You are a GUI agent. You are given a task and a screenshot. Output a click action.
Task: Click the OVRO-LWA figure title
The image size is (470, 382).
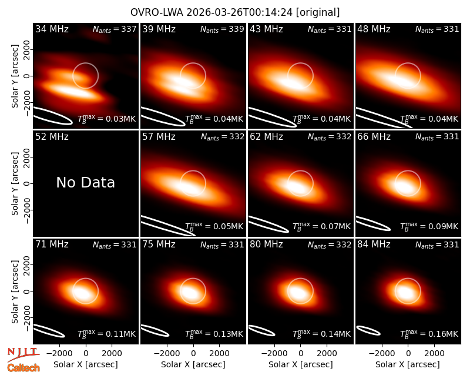coord(235,12)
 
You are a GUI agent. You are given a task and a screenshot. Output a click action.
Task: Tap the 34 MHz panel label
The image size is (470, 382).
coord(52,29)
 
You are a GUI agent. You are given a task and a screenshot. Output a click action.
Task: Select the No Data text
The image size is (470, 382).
coord(85,182)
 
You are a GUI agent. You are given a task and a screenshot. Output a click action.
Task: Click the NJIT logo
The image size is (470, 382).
coord(23,354)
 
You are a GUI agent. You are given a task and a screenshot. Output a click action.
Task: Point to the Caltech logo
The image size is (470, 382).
coord(23,368)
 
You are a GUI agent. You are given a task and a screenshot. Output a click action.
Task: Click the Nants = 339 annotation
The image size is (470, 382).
coord(222,29)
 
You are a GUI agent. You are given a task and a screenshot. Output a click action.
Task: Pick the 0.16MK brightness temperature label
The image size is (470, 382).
coord(429,333)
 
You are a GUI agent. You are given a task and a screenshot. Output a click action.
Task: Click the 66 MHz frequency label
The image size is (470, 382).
coord(374,137)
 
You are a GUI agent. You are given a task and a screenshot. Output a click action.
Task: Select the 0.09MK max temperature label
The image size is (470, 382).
coord(429,226)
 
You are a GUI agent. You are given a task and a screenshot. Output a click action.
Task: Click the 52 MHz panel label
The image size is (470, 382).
coord(52,137)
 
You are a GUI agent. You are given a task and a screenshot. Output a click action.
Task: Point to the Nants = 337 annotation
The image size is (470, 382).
coord(115,29)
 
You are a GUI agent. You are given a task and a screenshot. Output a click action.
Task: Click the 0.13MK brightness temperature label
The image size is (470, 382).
coord(214,333)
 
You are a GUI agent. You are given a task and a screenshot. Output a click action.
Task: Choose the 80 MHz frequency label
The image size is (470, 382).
coord(266,244)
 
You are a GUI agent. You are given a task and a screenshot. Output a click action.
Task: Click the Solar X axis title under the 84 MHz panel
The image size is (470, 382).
coord(408,364)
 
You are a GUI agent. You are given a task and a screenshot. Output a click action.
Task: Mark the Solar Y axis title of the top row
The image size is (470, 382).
coord(15,76)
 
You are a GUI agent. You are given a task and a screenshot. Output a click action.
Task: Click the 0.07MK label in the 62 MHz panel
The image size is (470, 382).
coord(321,226)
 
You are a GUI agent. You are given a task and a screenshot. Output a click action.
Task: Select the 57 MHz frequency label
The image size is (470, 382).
coord(159,137)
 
